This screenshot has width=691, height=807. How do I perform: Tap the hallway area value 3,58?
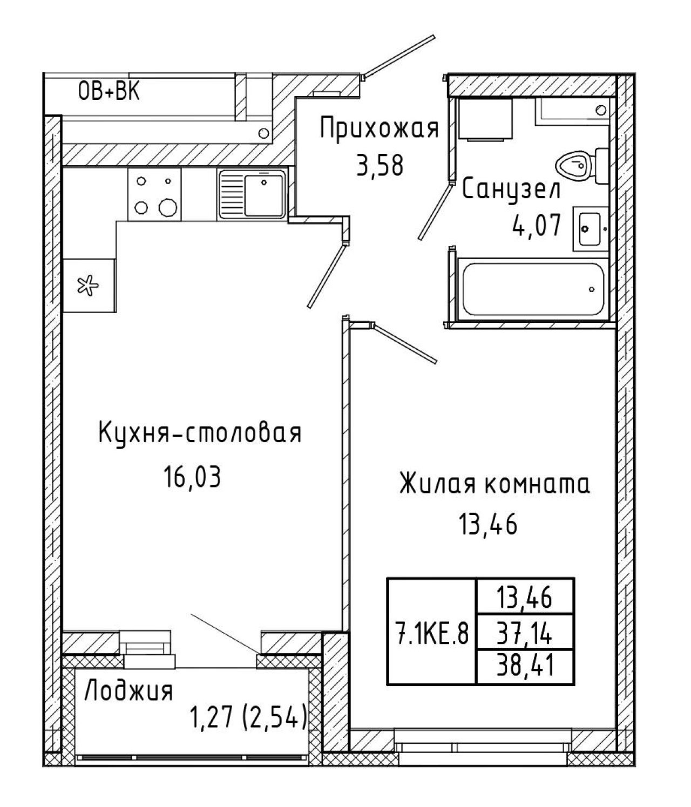click(379, 166)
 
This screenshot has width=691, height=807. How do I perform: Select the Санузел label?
click(511, 190)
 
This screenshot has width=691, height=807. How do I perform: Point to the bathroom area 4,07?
click(537, 226)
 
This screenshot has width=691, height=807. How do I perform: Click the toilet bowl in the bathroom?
click(574, 165)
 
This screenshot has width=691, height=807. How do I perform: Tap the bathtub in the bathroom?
click(532, 290)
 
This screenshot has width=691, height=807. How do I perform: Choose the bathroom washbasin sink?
click(590, 228)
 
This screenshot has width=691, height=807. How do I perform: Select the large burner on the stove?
click(168, 207)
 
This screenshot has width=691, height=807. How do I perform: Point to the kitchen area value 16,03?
click(193, 477)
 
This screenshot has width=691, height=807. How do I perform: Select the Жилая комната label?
click(494, 484)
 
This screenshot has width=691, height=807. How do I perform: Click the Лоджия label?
click(128, 691)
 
